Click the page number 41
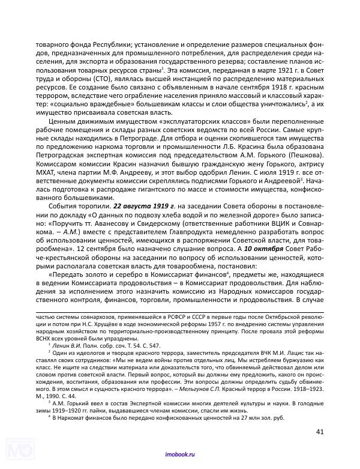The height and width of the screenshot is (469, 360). (320, 431)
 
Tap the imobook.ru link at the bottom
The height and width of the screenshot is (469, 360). (179, 457)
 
